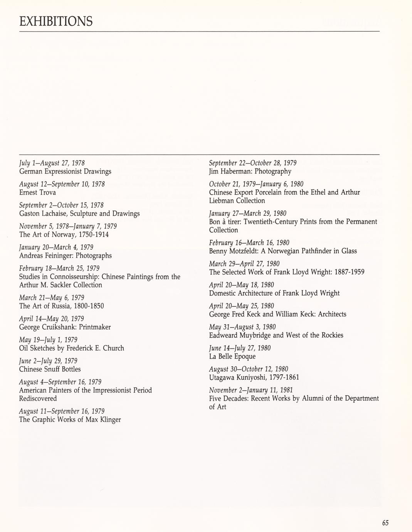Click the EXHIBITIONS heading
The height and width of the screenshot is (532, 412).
point(56,21)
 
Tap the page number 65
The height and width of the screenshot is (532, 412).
point(385,523)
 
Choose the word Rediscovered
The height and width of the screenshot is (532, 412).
point(38,399)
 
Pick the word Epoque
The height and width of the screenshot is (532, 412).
point(243,356)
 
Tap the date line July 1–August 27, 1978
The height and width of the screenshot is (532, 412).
point(52,163)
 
